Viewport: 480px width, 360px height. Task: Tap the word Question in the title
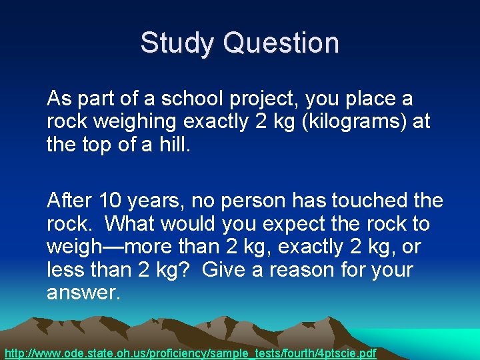281,43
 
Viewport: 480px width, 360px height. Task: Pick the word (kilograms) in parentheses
342,123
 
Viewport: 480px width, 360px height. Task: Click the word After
70,199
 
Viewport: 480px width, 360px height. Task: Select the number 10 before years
110,199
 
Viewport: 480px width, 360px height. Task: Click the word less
65,270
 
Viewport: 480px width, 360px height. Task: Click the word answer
82,294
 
